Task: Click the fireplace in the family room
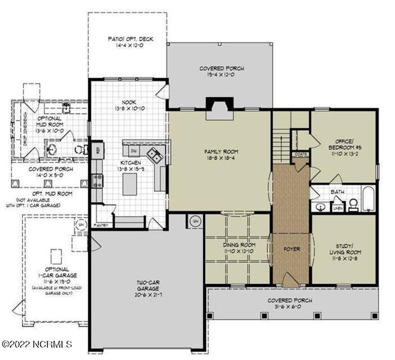pyautogui.click(x=219, y=109)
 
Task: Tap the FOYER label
pyautogui.click(x=291, y=249)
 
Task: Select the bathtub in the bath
pyautogui.click(x=368, y=198)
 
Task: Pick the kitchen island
pyautogui.click(x=129, y=184)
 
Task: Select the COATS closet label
pyautogui.click(x=299, y=154)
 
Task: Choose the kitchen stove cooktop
pyautogui.click(x=97, y=181)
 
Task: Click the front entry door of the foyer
pyautogui.click(x=291, y=280)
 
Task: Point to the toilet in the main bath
pyautogui.click(x=354, y=204)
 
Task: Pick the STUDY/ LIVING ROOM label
pyautogui.click(x=344, y=249)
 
